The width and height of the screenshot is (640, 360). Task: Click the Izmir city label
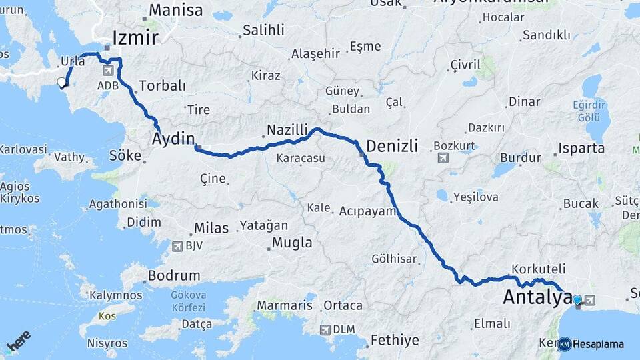pyautogui.click(x=135, y=37)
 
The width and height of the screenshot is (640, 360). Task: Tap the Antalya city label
pyautogui.click(x=537, y=297)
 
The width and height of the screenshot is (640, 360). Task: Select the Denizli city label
pyautogui.click(x=392, y=146)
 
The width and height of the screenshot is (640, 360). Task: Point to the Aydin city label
pyautogui.click(x=173, y=139)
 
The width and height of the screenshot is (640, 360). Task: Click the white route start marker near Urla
pyautogui.click(x=62, y=83)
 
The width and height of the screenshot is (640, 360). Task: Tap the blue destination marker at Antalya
pyautogui.click(x=577, y=301)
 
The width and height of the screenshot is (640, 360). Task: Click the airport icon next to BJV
pyautogui.click(x=177, y=246)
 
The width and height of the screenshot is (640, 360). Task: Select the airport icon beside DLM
pyautogui.click(x=325, y=329)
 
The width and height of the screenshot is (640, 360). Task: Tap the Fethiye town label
pyautogui.click(x=395, y=340)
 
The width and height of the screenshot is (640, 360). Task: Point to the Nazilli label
pyautogui.click(x=287, y=129)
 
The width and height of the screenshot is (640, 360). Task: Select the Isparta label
pyautogui.click(x=581, y=148)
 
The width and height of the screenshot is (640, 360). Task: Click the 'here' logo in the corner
pyautogui.click(x=18, y=341)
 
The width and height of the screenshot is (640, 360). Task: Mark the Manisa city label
pyautogui.click(x=175, y=11)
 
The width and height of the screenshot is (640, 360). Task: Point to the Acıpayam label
pyautogui.click(x=368, y=211)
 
